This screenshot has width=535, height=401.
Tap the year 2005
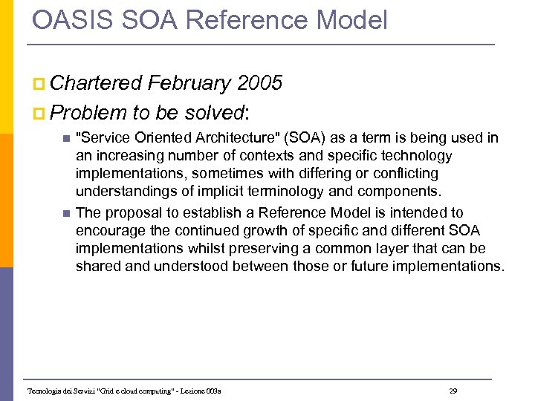(x=257, y=83)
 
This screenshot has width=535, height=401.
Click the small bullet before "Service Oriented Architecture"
(x=65, y=139)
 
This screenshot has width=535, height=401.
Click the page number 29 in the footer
(x=453, y=391)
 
